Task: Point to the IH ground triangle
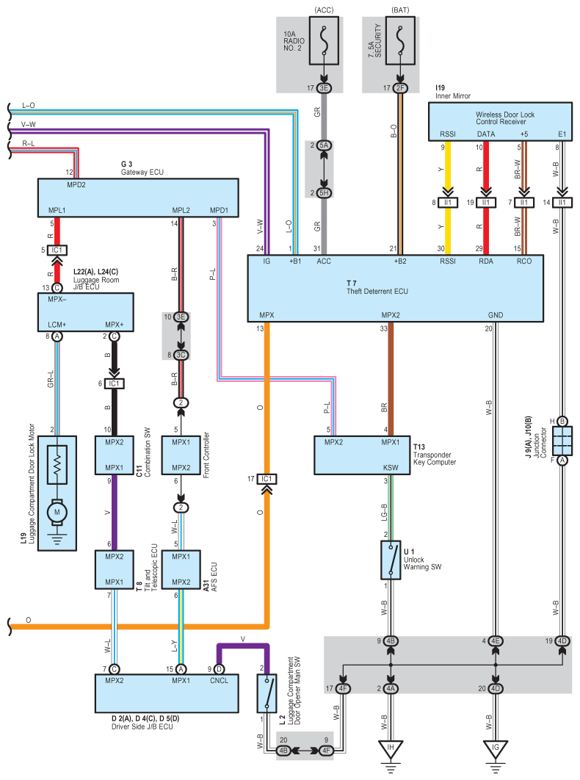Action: tap(391, 750)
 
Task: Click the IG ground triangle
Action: tap(497, 750)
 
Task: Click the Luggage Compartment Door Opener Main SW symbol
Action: tap(266, 691)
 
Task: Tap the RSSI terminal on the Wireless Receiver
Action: tap(447, 134)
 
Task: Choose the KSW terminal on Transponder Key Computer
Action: tap(391, 467)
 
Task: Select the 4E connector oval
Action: tap(497, 641)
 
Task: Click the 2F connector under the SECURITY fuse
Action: tap(400, 88)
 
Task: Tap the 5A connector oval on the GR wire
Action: tap(324, 145)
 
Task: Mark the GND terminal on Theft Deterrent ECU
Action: tap(496, 314)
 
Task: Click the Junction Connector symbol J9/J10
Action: tap(562, 440)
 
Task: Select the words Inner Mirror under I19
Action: tap(453, 95)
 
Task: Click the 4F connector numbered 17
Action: tap(344, 688)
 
